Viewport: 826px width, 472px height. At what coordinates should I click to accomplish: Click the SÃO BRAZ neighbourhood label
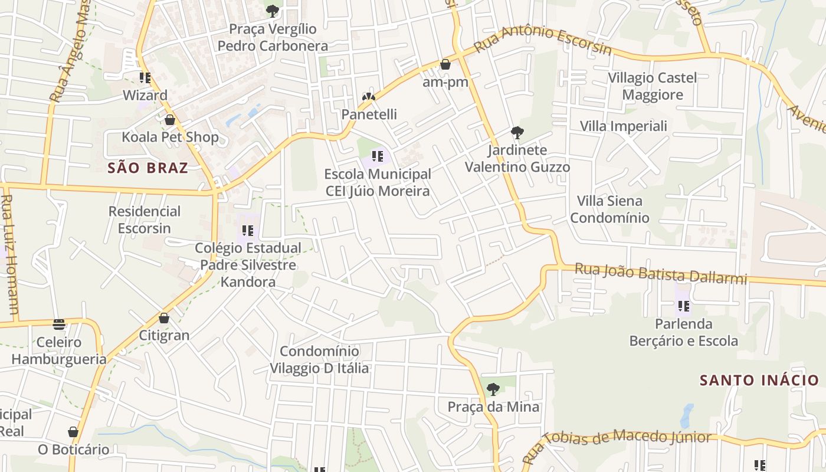tap(147, 168)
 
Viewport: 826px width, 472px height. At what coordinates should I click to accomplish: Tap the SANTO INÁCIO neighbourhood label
tap(759, 380)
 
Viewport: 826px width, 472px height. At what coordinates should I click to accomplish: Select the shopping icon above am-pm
tap(445, 64)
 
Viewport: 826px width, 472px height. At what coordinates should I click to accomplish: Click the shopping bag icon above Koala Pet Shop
tap(170, 120)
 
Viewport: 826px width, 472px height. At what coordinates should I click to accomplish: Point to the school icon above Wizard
tap(145, 77)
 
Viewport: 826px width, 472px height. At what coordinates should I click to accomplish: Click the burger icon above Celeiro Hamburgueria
tap(58, 324)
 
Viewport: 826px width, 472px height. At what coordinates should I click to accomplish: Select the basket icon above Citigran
tap(164, 318)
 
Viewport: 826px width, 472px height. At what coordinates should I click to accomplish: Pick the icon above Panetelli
tap(369, 96)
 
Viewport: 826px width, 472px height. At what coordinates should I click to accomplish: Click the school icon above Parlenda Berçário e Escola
tap(684, 306)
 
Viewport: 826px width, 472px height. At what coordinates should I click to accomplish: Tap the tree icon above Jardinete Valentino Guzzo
tap(517, 132)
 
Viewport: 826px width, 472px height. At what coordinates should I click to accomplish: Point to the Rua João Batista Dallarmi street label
tap(661, 274)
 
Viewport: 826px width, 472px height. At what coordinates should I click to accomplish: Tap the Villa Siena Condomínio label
tap(609, 209)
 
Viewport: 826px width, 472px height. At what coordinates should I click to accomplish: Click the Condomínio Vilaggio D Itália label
tap(319, 360)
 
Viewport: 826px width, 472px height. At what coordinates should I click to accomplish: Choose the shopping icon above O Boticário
tap(73, 432)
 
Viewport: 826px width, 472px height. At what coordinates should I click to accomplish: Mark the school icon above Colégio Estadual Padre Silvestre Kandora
tap(248, 230)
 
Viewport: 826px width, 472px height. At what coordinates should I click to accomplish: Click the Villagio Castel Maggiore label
tap(653, 86)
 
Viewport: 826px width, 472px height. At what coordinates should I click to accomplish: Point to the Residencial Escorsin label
tap(145, 219)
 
